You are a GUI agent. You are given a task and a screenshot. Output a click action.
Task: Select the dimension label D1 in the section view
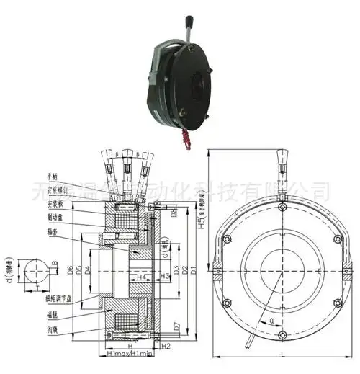point(184,270)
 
